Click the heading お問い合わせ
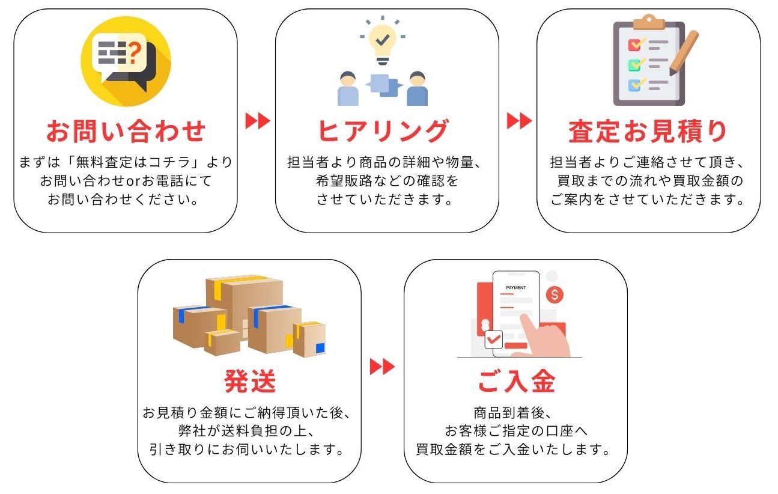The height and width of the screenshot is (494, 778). pyautogui.click(x=126, y=132)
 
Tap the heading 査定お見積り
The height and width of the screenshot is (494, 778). pyautogui.click(x=648, y=132)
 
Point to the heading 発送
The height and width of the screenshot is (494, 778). pyautogui.click(x=249, y=381)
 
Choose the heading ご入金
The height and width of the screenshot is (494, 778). pyautogui.click(x=516, y=381)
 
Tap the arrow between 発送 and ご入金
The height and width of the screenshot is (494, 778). pyautogui.click(x=382, y=366)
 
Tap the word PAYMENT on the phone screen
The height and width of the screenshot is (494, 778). pyautogui.click(x=515, y=288)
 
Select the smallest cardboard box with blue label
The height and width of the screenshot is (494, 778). pyautogui.click(x=310, y=340)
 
